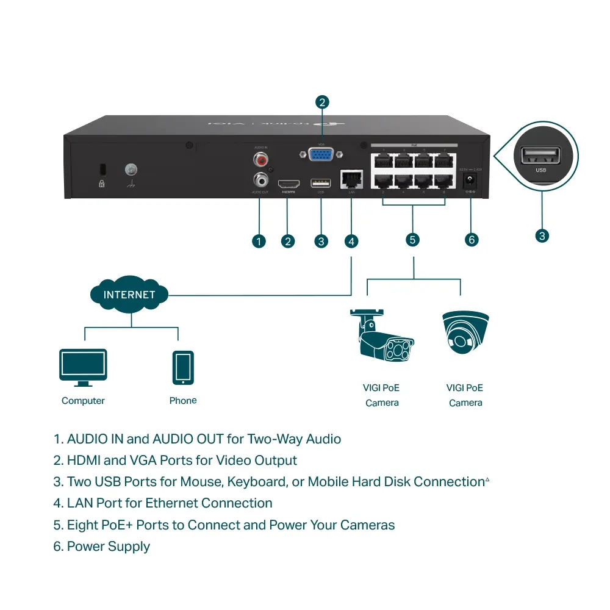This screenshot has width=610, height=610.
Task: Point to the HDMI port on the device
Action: click(x=289, y=184)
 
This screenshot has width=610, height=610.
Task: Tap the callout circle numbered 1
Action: click(x=259, y=241)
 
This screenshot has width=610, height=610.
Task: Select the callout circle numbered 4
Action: click(x=351, y=241)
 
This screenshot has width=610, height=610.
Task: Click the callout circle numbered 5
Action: click(x=413, y=239)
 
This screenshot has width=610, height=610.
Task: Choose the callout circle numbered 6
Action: click(x=471, y=239)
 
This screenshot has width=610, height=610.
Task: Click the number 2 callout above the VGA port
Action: click(x=322, y=102)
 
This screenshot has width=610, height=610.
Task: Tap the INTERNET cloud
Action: click(x=129, y=295)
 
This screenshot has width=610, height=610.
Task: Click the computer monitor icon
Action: click(x=83, y=367)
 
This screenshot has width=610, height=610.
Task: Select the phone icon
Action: click(x=183, y=367)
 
